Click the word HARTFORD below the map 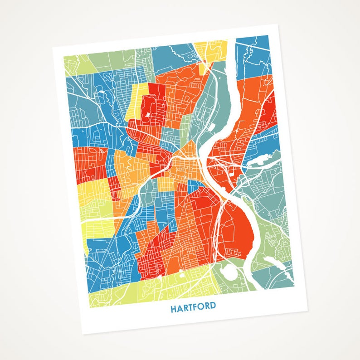click(193, 307)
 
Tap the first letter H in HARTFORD click(173, 309)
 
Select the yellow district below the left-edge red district click(93, 190)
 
